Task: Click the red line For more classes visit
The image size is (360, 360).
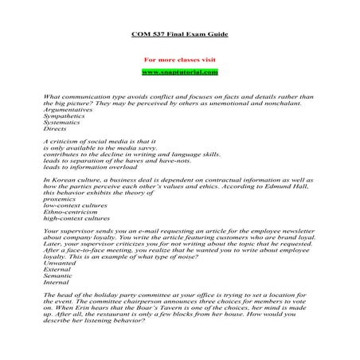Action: click(x=179, y=61)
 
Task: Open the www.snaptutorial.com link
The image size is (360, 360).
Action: click(x=179, y=72)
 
